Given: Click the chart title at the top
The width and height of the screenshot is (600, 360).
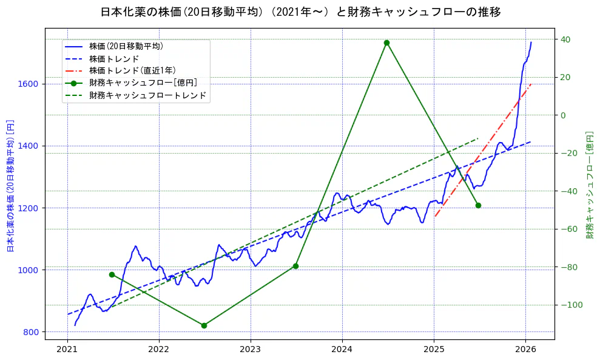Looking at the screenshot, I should point(300,12).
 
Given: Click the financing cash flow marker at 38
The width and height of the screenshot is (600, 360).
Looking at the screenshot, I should point(386,42).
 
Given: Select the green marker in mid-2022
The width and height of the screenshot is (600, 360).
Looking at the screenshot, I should point(204,325).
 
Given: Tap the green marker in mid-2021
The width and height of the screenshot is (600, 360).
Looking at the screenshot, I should point(112,274).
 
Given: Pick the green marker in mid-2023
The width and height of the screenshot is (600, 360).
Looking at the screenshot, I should point(295,266).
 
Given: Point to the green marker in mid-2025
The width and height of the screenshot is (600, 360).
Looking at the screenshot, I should point(478,205).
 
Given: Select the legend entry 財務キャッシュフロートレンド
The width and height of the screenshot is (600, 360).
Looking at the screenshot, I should point(147,95).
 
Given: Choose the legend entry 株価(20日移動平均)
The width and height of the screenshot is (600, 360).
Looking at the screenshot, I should point(126,46).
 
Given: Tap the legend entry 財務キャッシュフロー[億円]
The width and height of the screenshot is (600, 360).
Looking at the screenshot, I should point(143,83).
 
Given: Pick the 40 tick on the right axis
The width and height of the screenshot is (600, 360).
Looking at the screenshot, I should point(565,39).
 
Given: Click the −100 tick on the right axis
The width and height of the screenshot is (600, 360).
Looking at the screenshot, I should point(570,305).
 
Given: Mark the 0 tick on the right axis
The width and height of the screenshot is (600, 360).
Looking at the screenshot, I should point(563,115).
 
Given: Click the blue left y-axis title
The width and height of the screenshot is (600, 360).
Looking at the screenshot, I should point(10,185).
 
